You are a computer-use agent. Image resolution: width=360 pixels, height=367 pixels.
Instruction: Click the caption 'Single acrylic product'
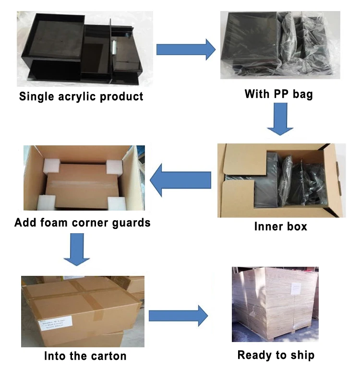point(81,96)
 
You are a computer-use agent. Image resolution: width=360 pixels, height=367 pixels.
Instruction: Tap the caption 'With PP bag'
point(278,94)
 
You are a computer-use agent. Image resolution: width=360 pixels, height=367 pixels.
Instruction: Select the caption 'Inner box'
point(280,226)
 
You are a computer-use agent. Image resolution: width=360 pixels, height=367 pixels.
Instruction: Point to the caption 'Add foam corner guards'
point(83,223)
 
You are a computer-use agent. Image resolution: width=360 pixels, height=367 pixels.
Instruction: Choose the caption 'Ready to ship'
point(276,355)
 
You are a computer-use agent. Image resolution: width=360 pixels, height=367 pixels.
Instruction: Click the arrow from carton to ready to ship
point(178,315)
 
